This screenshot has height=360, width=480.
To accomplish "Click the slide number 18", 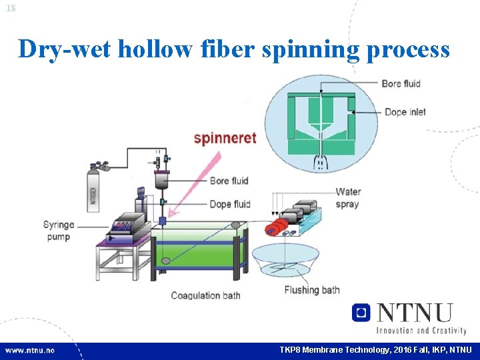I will (10, 7).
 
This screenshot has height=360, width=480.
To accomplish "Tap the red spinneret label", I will (225, 138).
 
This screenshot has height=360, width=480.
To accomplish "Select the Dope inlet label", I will (405, 112).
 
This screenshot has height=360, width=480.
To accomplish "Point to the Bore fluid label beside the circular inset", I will (401, 83).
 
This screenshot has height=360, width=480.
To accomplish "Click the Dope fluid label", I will (229, 204).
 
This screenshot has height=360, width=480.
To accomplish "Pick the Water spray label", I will (347, 198).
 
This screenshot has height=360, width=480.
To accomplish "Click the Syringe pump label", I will (59, 231).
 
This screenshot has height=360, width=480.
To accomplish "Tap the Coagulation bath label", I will (205, 295).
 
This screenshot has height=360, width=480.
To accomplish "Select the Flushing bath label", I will (312, 290).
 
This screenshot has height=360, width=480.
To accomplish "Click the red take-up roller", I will (272, 229).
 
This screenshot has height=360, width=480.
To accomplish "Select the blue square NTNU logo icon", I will (361, 312).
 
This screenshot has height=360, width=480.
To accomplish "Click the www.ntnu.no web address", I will (30, 349).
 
